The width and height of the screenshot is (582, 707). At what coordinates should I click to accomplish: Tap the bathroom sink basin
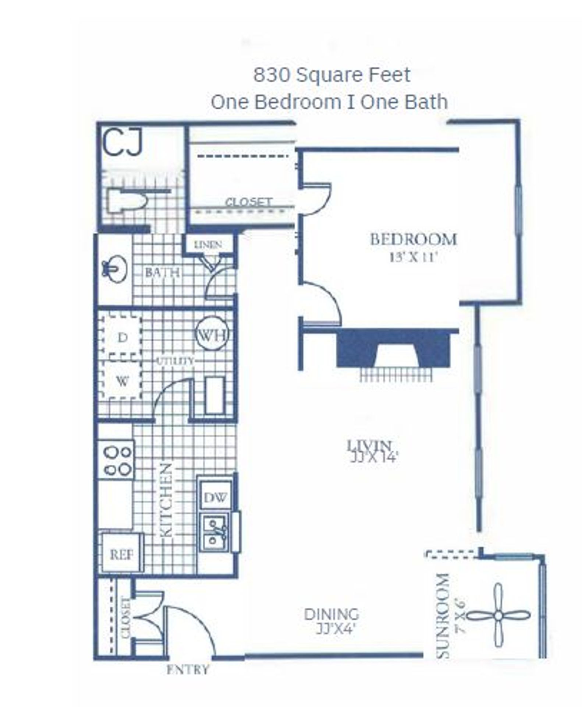[115, 268]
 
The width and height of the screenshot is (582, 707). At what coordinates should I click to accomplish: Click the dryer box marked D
[122, 337]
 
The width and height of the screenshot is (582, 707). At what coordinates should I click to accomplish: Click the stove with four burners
[116, 460]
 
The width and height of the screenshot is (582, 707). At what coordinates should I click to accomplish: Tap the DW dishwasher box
[215, 498]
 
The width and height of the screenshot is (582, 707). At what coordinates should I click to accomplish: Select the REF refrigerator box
[121, 554]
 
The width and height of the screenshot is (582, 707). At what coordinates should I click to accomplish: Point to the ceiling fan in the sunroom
[498, 615]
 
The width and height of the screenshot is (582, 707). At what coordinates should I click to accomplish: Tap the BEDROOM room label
[413, 240]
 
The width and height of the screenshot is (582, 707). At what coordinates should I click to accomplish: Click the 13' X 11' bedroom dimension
[413, 257]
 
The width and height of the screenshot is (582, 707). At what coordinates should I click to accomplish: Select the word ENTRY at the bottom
[188, 669]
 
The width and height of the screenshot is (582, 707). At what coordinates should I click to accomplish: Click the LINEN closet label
[208, 245]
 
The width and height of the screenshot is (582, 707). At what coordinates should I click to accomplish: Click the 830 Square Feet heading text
[331, 75]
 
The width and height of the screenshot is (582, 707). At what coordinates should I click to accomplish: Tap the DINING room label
[331, 614]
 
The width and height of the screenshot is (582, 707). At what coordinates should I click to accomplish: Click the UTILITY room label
[175, 361]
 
